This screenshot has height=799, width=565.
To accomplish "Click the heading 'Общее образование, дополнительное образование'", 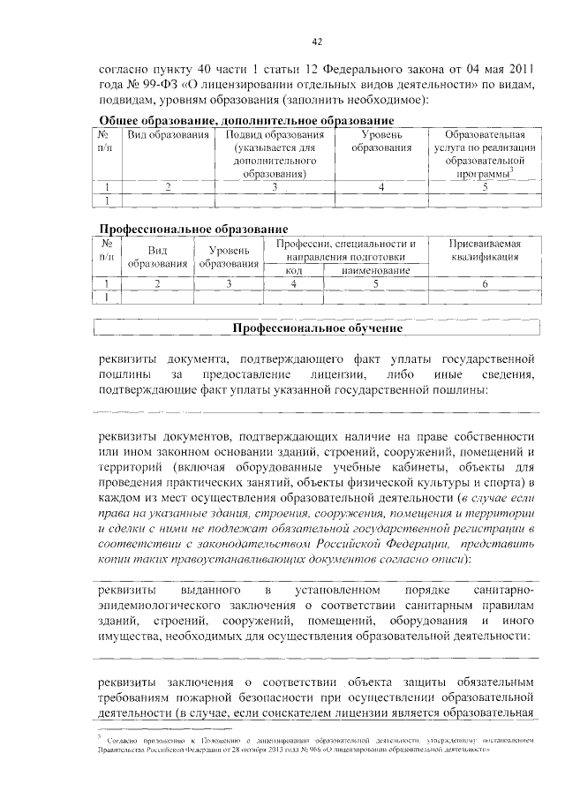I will click(x=245, y=120).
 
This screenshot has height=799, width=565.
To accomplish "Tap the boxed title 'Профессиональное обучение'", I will click(x=317, y=328).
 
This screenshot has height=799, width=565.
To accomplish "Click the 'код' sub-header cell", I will click(x=295, y=270).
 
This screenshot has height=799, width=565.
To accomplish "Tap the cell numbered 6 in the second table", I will click(x=484, y=283).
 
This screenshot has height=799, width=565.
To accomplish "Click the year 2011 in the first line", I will click(x=519, y=67).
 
